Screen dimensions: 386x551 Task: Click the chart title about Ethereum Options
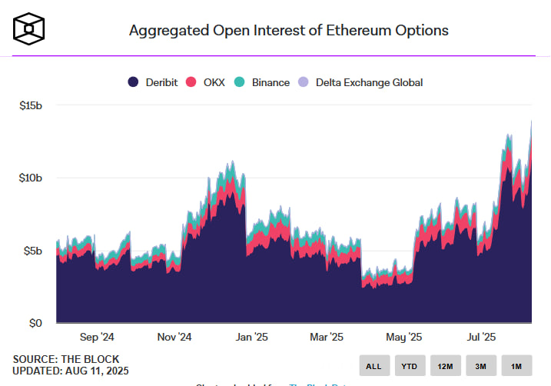[288, 30]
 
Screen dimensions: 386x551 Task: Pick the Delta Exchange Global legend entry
[362, 82]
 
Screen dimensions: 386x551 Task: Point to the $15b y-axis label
[31, 105]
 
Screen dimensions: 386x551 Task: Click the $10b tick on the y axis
[31, 178]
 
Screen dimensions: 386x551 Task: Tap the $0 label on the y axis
[35, 323]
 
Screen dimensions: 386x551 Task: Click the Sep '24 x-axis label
[97, 337]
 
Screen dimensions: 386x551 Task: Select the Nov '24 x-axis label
[174, 337]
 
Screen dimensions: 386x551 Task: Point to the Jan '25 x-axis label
[251, 337]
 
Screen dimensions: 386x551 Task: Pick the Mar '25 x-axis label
[327, 337]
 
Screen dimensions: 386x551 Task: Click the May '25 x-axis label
[404, 337]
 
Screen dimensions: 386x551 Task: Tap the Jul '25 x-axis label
[481, 337]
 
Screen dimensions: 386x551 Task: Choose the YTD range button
[410, 366]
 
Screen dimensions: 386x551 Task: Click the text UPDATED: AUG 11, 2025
[71, 371]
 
